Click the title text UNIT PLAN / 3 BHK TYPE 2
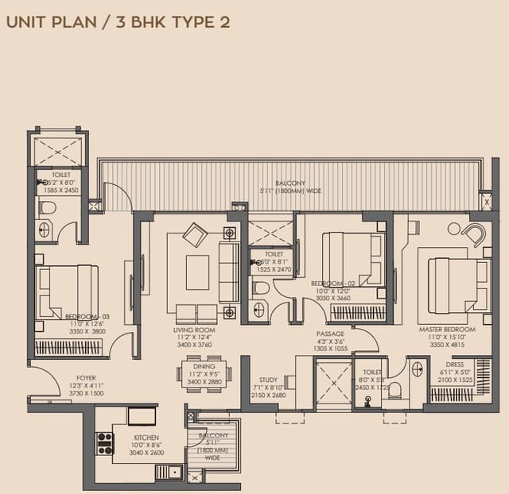point(119,21)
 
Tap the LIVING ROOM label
point(195,330)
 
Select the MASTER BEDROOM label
point(447,329)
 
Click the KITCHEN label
point(146,438)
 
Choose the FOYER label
point(86,378)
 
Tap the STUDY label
point(267,380)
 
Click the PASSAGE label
point(330,334)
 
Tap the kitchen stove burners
point(105,443)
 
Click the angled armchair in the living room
point(195,235)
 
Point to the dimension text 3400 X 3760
point(195,345)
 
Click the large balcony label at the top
point(290,183)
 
